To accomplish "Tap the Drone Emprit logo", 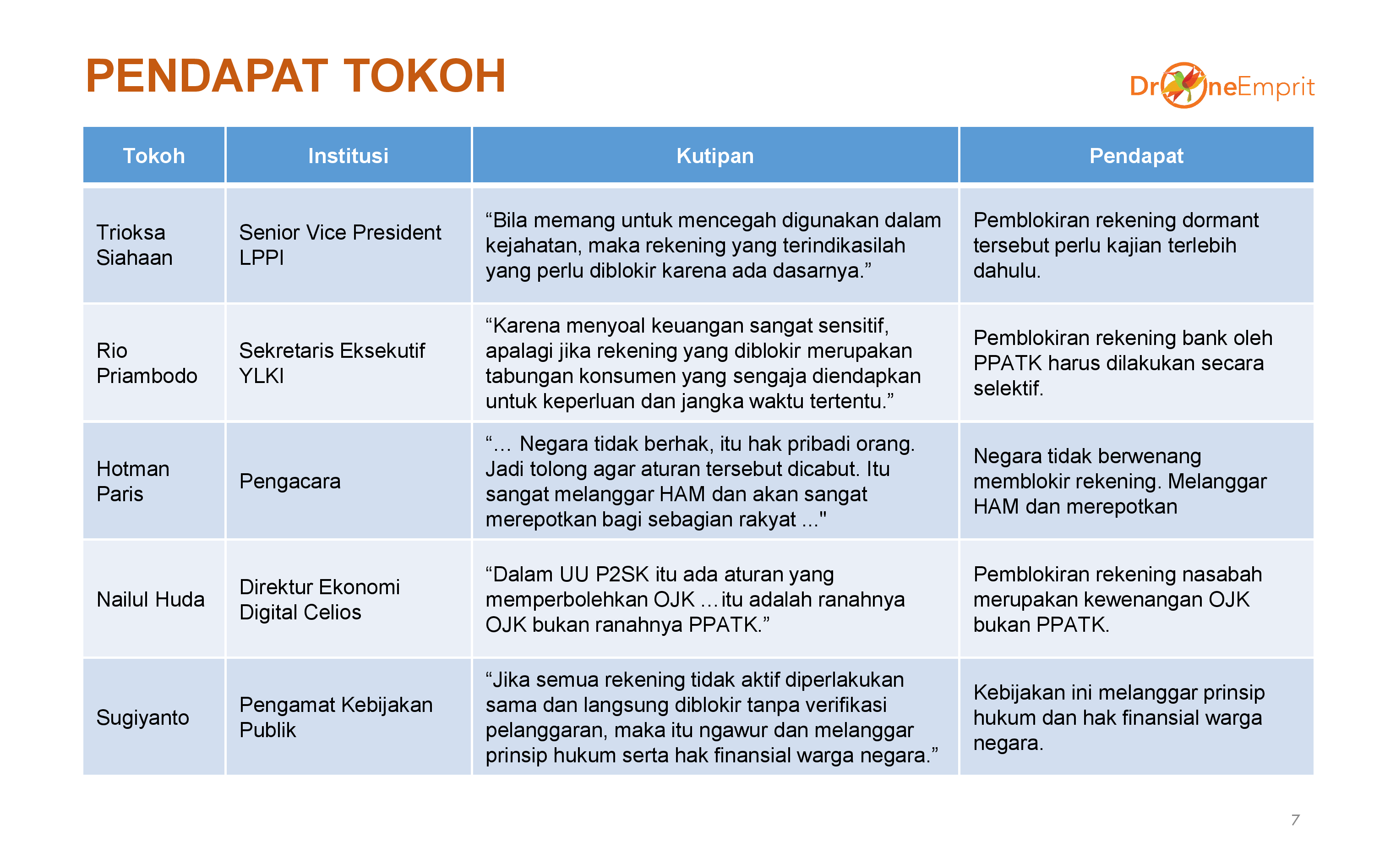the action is coord(1222,85).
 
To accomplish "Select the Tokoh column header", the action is coord(154,156).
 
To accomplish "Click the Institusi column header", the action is coord(348,156).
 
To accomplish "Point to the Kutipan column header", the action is coord(715,156).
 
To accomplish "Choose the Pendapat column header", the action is coord(1136,156).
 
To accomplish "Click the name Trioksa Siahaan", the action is coord(135,245).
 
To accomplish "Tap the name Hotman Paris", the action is coord(133,481).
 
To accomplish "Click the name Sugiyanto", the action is coord(142,717).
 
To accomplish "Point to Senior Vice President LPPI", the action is coord(340,245).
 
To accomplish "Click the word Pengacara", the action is coord(289,481).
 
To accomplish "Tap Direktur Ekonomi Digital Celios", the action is coord(320,599).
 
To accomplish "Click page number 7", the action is coord(1295,820).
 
